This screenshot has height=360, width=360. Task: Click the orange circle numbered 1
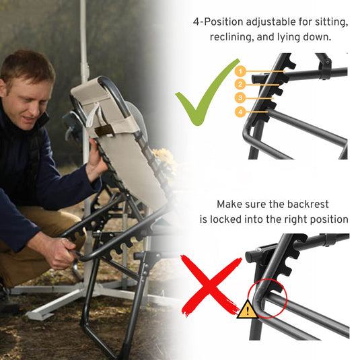[240, 71]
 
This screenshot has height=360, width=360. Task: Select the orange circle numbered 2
[240, 84]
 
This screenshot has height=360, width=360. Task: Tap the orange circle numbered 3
[240, 98]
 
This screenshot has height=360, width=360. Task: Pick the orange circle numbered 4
[240, 112]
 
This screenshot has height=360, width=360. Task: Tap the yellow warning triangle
[248, 310]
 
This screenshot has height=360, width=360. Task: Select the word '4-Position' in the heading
[218, 22]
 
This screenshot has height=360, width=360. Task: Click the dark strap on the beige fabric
[104, 131]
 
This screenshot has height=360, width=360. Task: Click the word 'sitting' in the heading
[331, 22]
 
